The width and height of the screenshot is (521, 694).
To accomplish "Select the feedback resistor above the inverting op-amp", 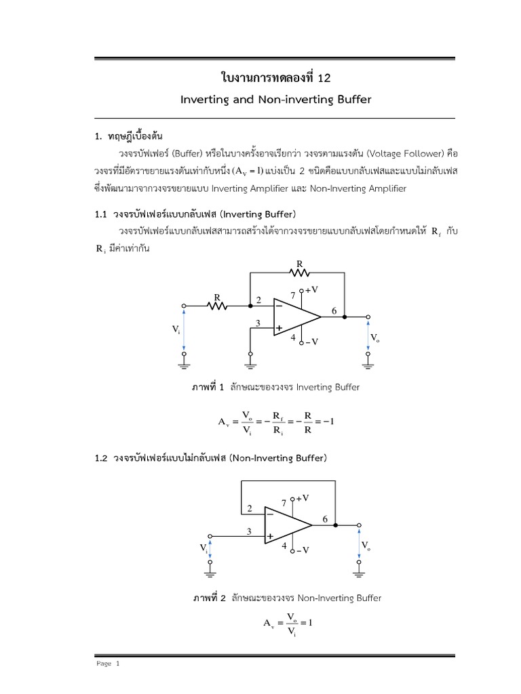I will (299, 272).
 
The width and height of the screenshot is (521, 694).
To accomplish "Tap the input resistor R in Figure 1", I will (218, 306).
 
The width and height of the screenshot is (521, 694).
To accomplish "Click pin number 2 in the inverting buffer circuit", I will (258, 300).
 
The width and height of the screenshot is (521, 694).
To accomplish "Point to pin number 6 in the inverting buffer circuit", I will (333, 311).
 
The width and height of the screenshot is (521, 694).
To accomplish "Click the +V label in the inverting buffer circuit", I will (311, 289).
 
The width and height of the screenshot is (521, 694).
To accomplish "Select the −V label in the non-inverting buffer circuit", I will (302, 550).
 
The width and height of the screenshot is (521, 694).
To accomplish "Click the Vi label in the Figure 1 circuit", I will (176, 329).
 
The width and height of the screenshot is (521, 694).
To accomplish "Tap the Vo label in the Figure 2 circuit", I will (366, 546).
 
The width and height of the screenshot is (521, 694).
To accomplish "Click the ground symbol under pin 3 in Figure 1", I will (250, 366).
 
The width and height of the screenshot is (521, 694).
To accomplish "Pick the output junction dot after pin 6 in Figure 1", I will (345, 317).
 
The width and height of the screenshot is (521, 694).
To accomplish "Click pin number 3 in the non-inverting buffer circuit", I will (249, 532).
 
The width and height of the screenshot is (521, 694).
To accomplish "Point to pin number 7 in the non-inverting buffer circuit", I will (284, 503).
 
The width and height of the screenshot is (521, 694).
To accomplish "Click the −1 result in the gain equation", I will (330, 422).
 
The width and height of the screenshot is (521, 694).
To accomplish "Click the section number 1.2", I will (101, 458).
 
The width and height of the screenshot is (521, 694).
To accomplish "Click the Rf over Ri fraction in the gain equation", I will (278, 422).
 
